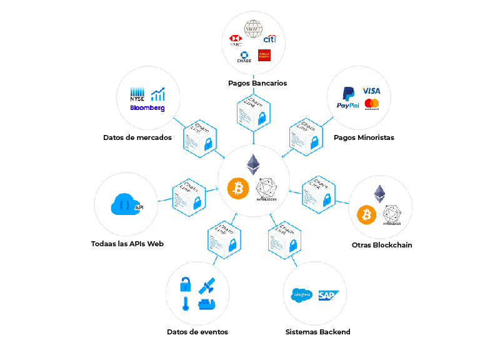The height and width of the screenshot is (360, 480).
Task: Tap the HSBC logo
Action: pyautogui.click(x=236, y=41)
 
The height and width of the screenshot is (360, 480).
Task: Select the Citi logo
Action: pyautogui.click(x=269, y=39)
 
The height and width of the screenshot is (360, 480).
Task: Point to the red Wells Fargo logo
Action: pyautogui.click(x=264, y=56)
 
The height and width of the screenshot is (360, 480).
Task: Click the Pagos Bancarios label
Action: pyautogui.click(x=257, y=82)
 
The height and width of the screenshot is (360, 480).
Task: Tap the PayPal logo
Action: pyautogui.click(x=347, y=99)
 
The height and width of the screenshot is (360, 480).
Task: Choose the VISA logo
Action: pyautogui.click(x=371, y=91)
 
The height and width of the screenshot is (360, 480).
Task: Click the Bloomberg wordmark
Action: pyautogui.click(x=147, y=108)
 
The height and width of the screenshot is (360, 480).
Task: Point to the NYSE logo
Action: pyautogui.click(x=137, y=94)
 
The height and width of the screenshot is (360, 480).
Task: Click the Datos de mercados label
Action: pyautogui.click(x=137, y=137)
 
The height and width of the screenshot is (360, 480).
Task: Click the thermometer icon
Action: pyautogui.click(x=186, y=304)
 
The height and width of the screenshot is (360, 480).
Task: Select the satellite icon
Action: pyautogui.click(x=207, y=286)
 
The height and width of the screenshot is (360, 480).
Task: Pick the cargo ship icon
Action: pyautogui.click(x=206, y=304)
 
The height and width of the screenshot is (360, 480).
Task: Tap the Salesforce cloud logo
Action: pyautogui.click(x=302, y=295)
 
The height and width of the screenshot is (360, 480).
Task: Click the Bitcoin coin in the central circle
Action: pyautogui.click(x=238, y=188)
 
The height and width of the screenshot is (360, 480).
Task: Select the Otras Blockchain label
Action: pyautogui.click(x=382, y=245)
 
